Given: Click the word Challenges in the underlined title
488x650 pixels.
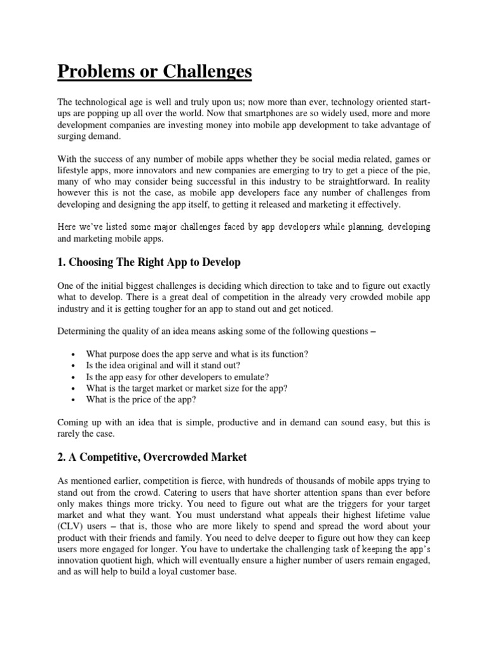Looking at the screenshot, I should coord(203,72).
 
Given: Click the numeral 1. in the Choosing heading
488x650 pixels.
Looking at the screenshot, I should coord(62,262).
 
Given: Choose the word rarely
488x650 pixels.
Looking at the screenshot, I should coord(71,434).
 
